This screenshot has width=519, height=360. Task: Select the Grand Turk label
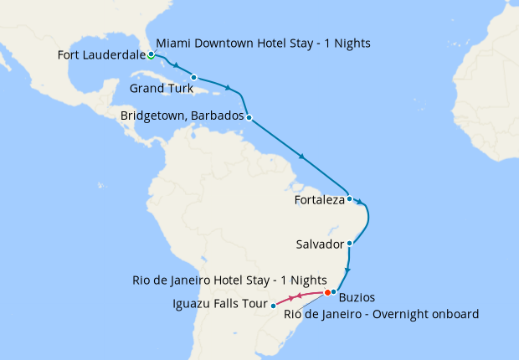point(160,87)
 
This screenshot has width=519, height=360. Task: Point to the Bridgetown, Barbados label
point(182,117)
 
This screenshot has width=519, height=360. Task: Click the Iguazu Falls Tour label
point(219,304)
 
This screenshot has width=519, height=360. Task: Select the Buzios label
point(357,297)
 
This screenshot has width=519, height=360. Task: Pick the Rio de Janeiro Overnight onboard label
point(381,314)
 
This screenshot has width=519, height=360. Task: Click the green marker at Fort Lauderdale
point(150,56)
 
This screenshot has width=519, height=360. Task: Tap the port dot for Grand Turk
point(193,78)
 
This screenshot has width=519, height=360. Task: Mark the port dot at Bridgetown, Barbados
point(249,117)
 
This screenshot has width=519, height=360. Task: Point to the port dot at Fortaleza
point(349,199)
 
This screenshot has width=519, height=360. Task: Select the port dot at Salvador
point(349,244)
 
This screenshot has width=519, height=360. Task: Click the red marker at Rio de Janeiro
point(327,292)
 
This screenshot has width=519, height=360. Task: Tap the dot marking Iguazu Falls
point(273,306)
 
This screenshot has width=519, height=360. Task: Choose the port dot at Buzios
point(333,291)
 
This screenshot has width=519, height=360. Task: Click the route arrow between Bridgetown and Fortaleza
point(301,157)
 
